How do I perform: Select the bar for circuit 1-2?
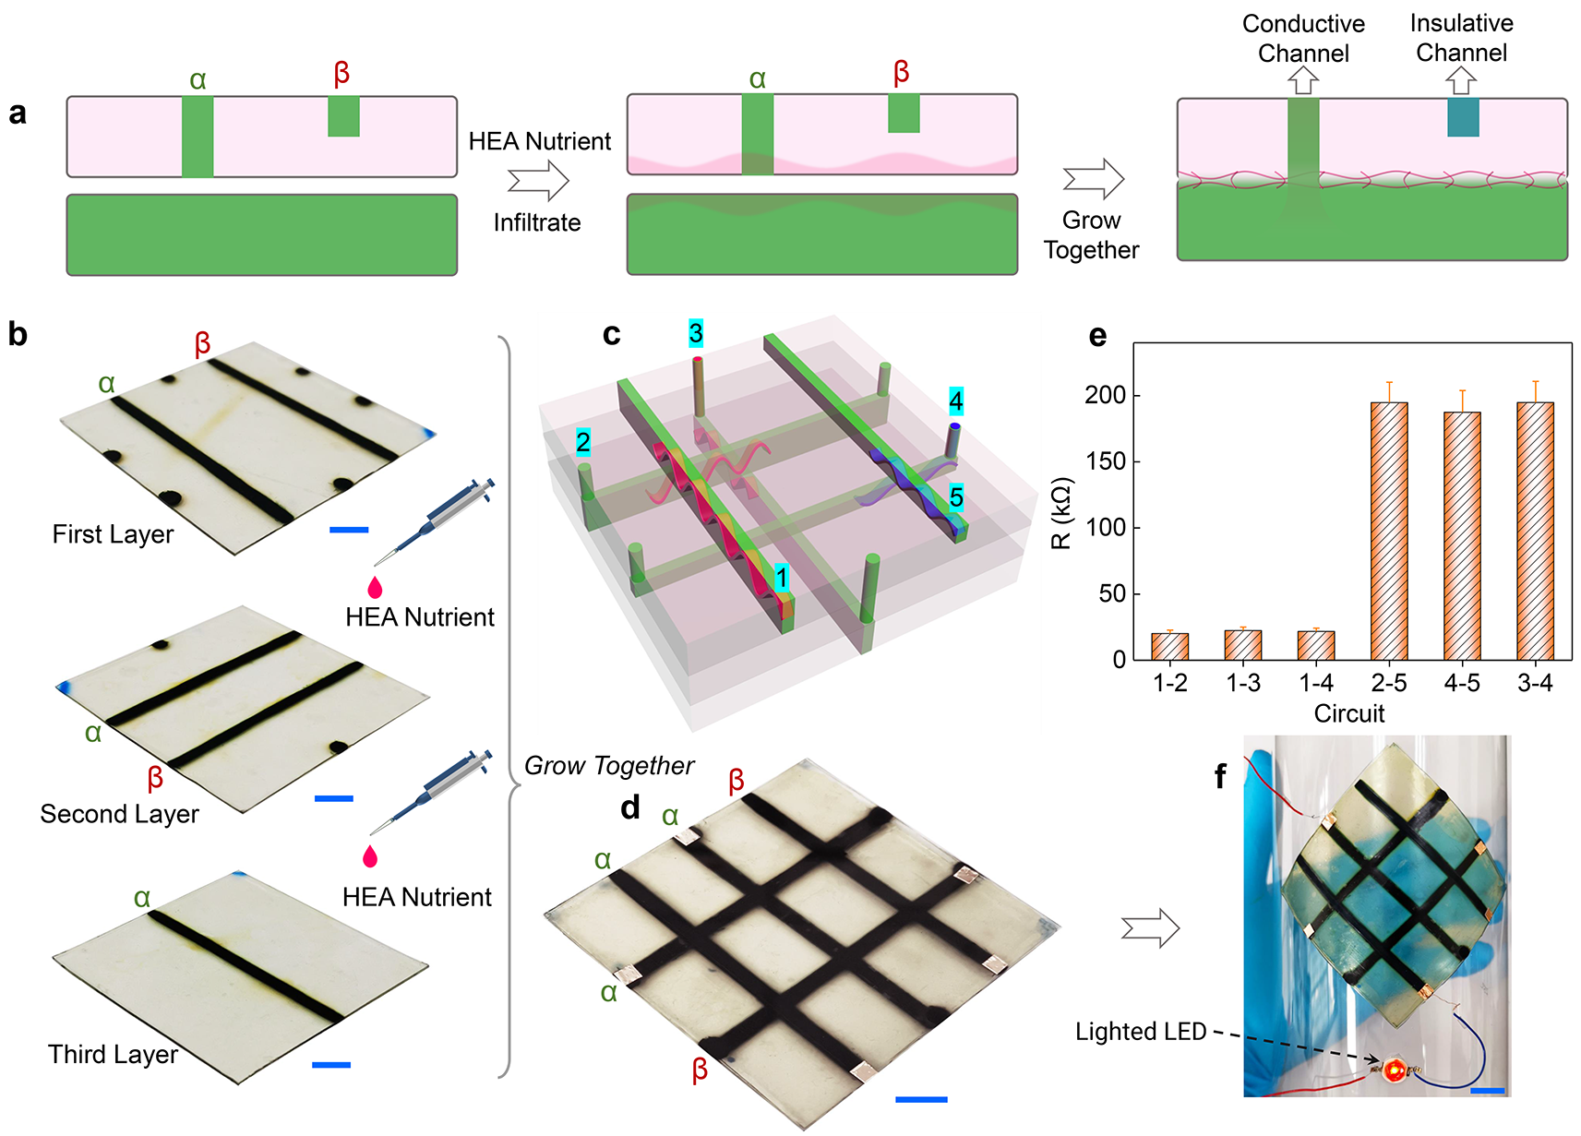point(1169,646)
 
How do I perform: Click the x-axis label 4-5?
point(1462,683)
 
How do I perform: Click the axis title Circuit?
point(1348,713)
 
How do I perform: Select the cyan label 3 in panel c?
point(696,333)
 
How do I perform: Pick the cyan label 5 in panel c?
point(956,497)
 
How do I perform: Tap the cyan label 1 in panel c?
point(782,578)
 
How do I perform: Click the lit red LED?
point(1394,1070)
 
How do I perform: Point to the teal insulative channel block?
point(1463,117)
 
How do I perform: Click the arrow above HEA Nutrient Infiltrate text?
point(538,180)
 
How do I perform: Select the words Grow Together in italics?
point(608,766)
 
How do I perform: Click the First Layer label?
point(113,534)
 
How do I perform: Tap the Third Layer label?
point(113,1054)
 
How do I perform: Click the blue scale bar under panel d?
point(921,1099)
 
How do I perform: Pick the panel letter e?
point(1097,336)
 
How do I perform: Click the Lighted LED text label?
point(1141,1032)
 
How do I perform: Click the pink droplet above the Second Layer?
point(375,587)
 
